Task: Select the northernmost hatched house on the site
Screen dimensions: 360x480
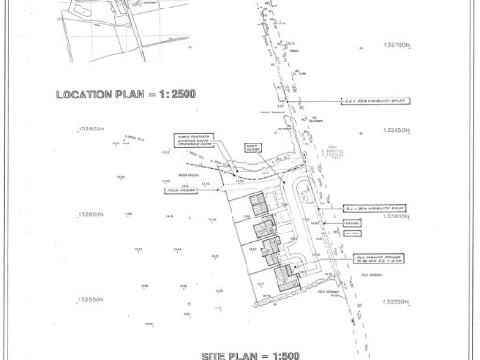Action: click(x=257, y=202)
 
